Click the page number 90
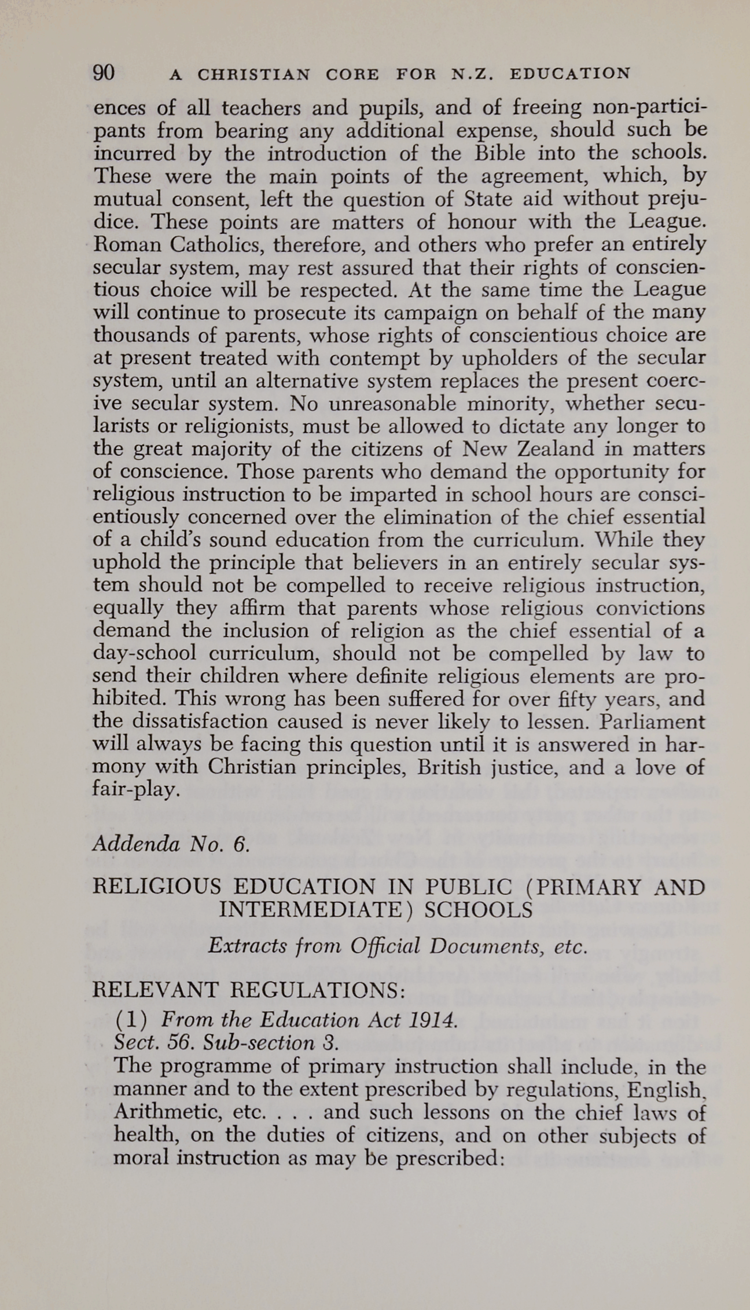pos(104,74)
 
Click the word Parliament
pos(652,722)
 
